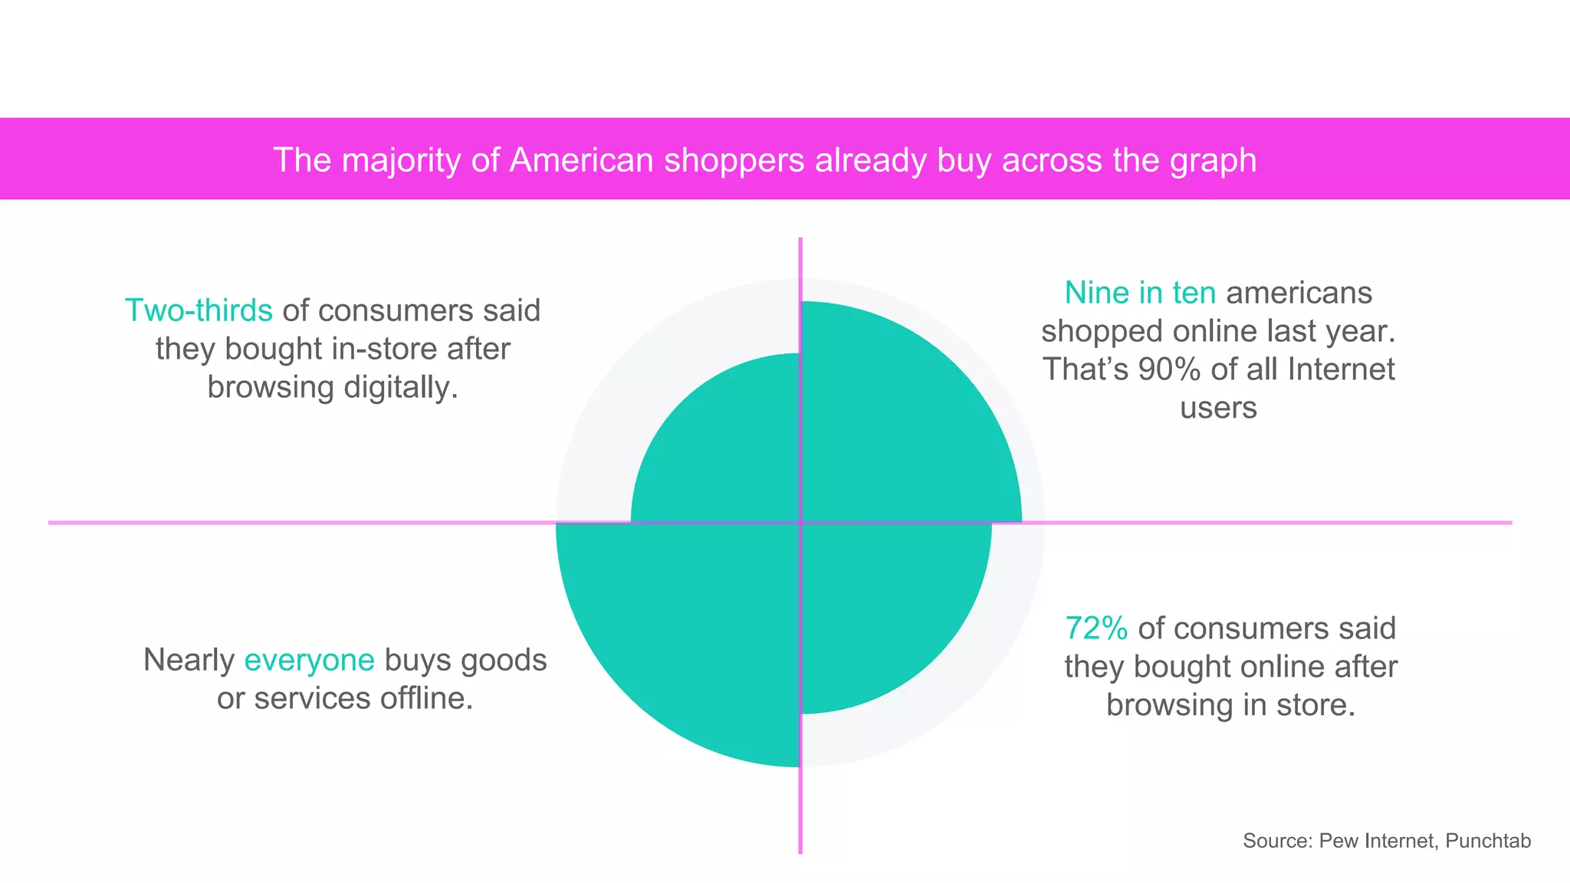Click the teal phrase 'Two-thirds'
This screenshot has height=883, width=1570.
tap(199, 310)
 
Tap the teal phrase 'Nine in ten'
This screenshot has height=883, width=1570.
tap(1140, 293)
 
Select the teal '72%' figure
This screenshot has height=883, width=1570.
tap(1096, 629)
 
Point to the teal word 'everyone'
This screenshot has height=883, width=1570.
tap(309, 660)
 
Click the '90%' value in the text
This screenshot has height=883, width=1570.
tap(1169, 369)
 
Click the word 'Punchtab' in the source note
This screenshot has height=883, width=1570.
tap(1488, 841)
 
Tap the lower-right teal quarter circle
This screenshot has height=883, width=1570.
tap(882, 606)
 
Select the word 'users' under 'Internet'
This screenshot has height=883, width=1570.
tap(1218, 408)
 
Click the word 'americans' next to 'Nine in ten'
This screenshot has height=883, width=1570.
tap(1299, 293)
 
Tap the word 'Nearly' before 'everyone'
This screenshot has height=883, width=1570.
tap(189, 660)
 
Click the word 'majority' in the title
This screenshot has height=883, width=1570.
tap(402, 160)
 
